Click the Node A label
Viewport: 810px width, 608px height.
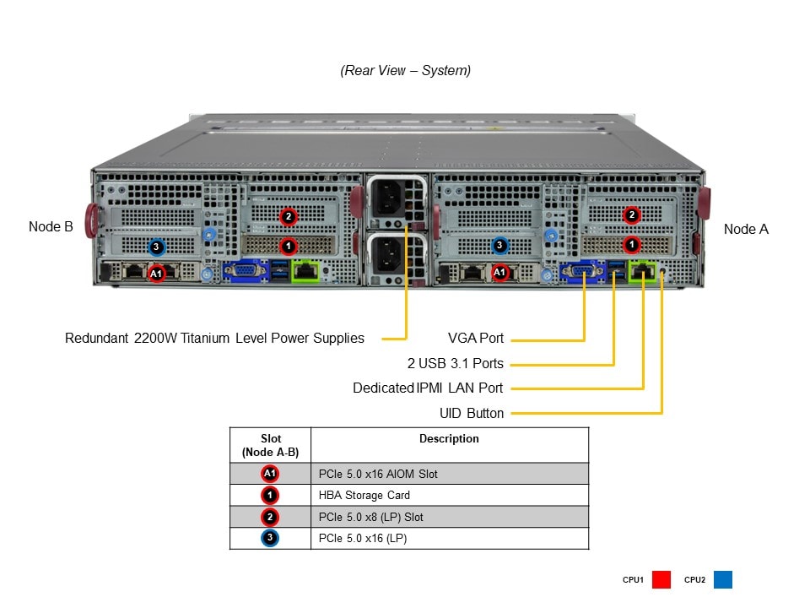[x=746, y=229]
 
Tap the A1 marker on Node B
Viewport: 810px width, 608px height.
[x=156, y=273]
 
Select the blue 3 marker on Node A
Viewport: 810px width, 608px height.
[x=499, y=246]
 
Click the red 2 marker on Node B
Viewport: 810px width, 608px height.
[x=289, y=217]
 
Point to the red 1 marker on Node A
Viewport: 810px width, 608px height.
[x=631, y=245]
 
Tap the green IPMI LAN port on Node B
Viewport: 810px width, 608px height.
[x=305, y=271]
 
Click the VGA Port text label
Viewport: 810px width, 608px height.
[x=476, y=339]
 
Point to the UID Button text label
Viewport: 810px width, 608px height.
[x=472, y=414]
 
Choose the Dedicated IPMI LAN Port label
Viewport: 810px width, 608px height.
[x=428, y=388]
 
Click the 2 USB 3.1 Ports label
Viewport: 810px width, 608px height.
[x=455, y=364]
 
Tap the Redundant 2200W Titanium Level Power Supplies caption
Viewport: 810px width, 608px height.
[x=214, y=339]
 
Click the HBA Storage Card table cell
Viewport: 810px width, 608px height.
[x=364, y=495]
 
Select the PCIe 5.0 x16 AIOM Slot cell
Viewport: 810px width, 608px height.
[x=378, y=474]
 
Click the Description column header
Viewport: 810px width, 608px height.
[x=449, y=439]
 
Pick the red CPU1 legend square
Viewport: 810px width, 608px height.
[x=661, y=580]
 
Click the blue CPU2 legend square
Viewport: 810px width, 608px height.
[x=723, y=580]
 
